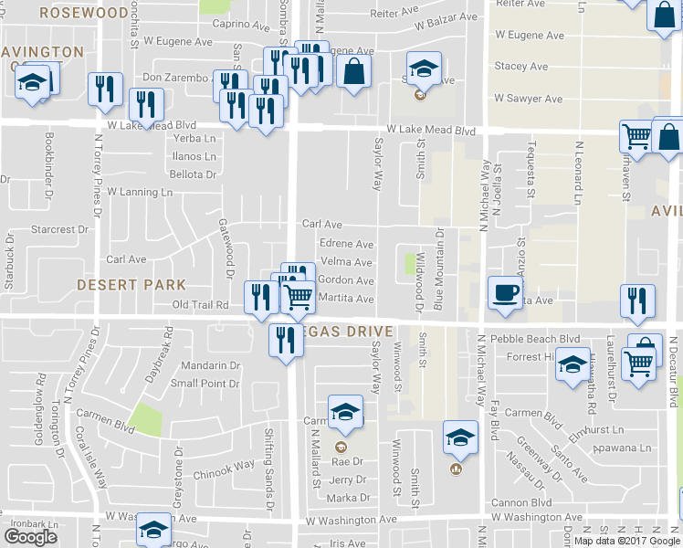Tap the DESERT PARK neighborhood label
(x=131, y=285)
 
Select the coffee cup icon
(x=505, y=292)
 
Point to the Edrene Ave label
(x=346, y=244)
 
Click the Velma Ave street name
(x=346, y=262)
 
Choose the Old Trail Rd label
(x=200, y=304)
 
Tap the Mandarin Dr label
(x=210, y=365)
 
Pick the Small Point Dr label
(x=205, y=384)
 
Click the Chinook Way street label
(x=224, y=465)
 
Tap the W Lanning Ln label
(x=140, y=192)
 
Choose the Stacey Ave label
(x=521, y=67)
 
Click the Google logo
(x=31, y=537)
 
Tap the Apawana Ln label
(x=621, y=448)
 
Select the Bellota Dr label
(x=193, y=174)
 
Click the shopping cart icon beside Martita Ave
(x=298, y=297)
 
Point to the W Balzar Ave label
(x=445, y=17)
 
